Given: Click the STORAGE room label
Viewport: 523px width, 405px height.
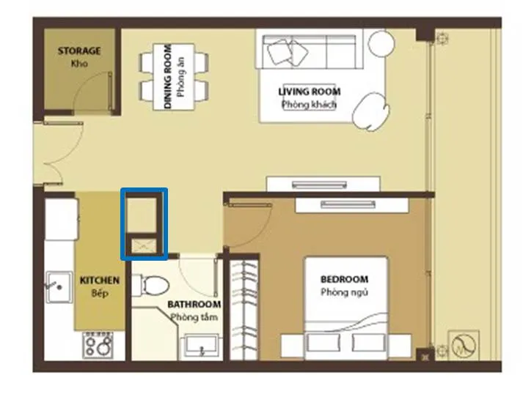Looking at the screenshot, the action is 79,51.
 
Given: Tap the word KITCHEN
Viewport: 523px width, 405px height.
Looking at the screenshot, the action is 100,280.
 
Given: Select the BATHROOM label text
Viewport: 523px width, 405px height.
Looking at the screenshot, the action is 194,304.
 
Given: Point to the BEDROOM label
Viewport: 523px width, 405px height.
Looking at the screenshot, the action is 345,279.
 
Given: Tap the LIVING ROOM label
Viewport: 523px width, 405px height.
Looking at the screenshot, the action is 310,92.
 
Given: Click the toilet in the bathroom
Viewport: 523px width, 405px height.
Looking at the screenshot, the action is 151,285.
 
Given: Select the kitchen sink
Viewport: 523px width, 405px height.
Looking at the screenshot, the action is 59,287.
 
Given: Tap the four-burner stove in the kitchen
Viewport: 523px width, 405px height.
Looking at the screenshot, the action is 98,345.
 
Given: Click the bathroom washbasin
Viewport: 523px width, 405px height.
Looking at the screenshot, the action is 200,347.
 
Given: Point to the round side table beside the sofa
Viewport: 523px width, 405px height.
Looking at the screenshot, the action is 381,43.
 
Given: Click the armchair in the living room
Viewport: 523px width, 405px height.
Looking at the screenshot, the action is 371,111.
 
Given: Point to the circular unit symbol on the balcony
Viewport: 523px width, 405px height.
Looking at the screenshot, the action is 464,346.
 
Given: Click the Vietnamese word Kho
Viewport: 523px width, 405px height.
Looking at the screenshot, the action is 79,63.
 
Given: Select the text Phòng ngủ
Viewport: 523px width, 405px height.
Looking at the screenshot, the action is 345,292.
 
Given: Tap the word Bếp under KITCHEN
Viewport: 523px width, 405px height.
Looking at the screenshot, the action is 100,293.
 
